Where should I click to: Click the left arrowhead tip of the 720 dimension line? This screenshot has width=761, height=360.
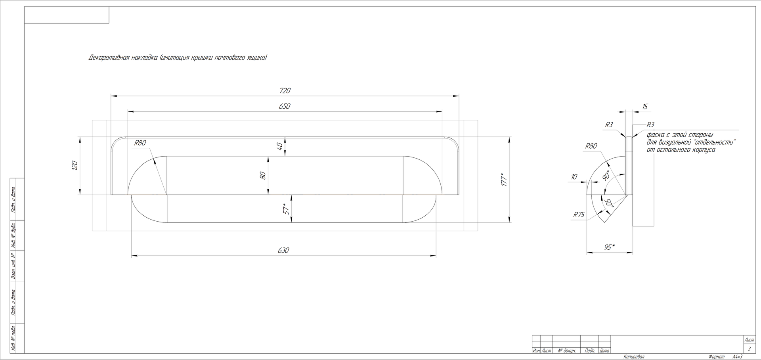tap(111, 96)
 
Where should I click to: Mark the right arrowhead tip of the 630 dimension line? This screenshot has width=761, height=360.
tap(436, 256)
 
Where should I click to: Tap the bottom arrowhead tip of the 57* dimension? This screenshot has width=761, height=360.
tap(291, 222)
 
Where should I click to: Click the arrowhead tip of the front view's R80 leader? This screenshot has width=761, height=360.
tap(166, 195)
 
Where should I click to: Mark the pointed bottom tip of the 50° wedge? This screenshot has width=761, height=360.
tap(604, 222)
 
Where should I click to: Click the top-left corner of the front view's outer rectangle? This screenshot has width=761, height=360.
tap(92, 120)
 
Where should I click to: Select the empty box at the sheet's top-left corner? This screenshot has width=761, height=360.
tap(67, 15)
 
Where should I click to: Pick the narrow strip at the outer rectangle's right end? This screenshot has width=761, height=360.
tap(471, 175)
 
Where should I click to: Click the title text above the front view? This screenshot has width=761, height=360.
tap(178, 58)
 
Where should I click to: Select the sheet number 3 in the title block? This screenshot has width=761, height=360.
tap(749, 349)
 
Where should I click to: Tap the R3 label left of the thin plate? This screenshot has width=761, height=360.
tap(609, 125)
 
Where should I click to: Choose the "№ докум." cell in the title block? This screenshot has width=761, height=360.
tap(566, 351)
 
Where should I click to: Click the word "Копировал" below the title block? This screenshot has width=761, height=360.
tap(634, 357)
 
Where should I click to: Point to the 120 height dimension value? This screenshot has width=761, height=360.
tap(75, 165)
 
